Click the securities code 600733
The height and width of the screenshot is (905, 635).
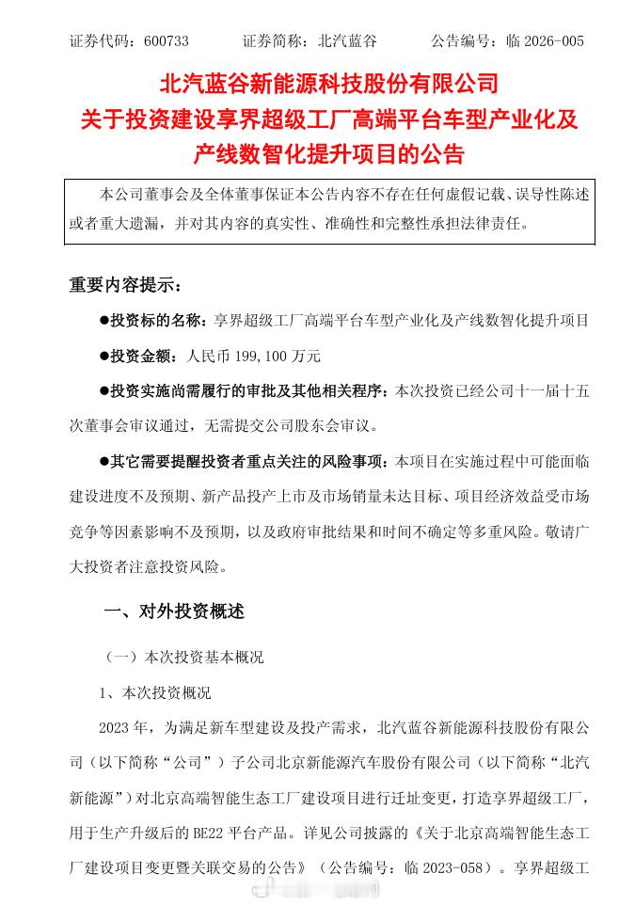pyautogui.click(x=167, y=41)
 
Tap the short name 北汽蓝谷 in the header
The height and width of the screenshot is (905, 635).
pyautogui.click(x=347, y=41)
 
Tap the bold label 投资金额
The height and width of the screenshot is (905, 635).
pyautogui.click(x=142, y=356)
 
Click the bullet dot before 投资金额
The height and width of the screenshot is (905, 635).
pyautogui.click(x=104, y=356)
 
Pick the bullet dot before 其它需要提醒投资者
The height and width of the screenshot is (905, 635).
pyautogui.click(x=104, y=462)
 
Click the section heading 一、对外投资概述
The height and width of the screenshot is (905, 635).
pyautogui.click(x=173, y=611)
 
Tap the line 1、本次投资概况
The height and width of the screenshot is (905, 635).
pyautogui.click(x=156, y=693)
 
